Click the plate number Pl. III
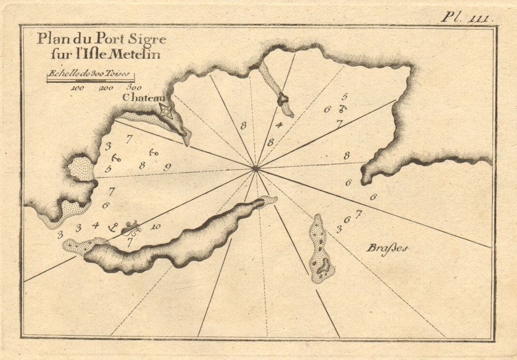[x=467, y=17]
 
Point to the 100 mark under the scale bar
[x=78, y=88]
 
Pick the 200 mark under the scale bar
[x=106, y=88]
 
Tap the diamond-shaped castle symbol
[x=165, y=111]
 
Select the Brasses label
[x=387, y=248]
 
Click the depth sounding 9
[x=167, y=167]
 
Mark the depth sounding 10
[x=156, y=227]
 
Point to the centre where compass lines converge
[x=255, y=168]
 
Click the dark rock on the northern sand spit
[x=282, y=99]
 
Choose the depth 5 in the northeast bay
[x=344, y=96]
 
